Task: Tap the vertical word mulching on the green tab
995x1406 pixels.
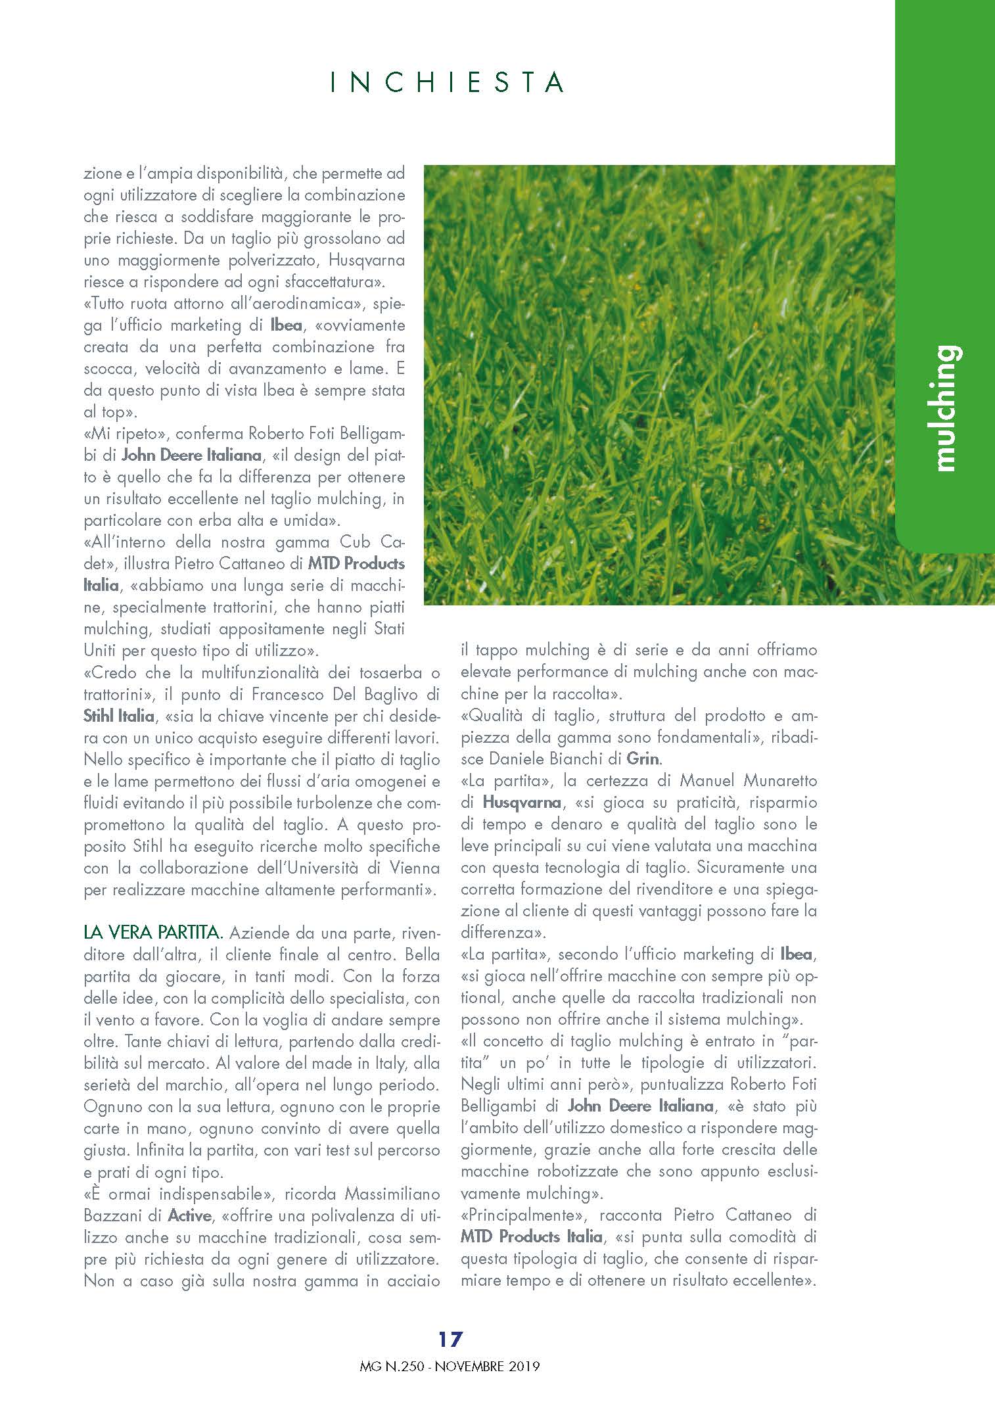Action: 945,408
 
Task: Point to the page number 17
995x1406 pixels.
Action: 451,1338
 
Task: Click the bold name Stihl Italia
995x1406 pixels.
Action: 118,716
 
